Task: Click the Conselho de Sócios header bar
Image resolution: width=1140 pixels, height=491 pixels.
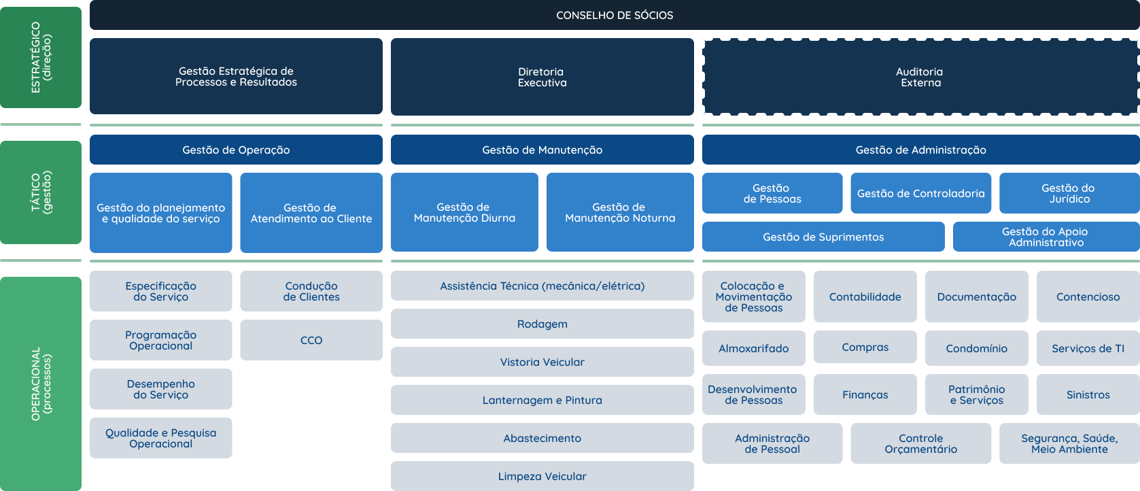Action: [x=615, y=15]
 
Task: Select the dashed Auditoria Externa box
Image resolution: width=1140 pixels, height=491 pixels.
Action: [x=920, y=77]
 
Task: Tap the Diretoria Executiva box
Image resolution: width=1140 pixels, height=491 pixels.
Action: [x=542, y=77]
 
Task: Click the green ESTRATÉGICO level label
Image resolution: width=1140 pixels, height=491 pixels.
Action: [x=41, y=57]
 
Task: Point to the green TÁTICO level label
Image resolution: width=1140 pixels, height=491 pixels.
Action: [x=41, y=192]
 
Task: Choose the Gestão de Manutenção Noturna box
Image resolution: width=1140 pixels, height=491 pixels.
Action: [x=620, y=212]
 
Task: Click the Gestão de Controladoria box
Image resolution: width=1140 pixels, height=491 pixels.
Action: [x=920, y=193]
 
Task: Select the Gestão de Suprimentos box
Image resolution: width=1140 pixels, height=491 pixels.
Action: [x=823, y=237]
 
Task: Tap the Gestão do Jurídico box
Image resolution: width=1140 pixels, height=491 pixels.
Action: [x=1069, y=193]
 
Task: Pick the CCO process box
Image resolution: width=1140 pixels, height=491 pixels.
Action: [x=311, y=340]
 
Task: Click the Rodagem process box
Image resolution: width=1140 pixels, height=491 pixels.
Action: [x=542, y=324]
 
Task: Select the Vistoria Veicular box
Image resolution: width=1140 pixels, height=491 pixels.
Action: [x=542, y=362]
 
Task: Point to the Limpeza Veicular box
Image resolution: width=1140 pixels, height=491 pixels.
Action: [x=542, y=476]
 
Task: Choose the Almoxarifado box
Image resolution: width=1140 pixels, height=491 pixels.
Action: [x=753, y=348]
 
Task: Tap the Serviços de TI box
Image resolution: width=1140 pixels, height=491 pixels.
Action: [x=1088, y=348]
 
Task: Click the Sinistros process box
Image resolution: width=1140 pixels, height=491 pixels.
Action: [x=1088, y=394]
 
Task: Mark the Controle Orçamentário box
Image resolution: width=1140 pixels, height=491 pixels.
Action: [x=920, y=443]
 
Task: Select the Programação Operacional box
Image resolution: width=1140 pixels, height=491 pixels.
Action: [x=160, y=340]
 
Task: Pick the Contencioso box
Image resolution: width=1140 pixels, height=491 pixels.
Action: [x=1088, y=297]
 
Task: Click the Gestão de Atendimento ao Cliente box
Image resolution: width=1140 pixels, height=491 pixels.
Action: [x=311, y=213]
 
